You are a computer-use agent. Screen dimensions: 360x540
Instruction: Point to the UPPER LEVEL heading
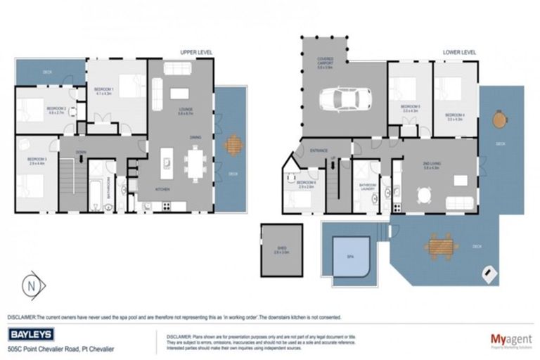[196, 53]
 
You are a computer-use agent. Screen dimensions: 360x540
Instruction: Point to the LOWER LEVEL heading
[458, 53]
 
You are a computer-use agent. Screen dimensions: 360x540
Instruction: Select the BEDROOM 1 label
[104, 90]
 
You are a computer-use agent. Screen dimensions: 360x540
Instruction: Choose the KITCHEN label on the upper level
[162, 190]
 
